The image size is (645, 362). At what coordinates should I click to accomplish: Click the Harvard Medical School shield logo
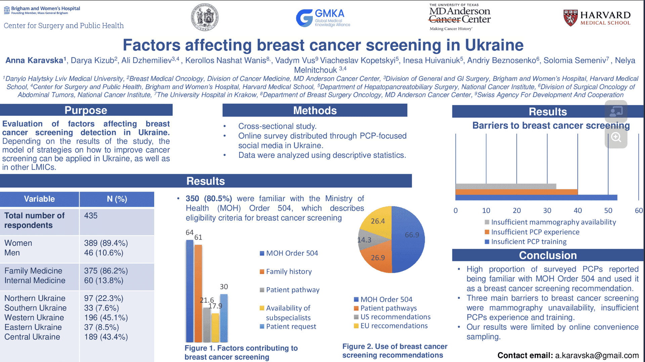570,18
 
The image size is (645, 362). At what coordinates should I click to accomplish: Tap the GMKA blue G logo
304,18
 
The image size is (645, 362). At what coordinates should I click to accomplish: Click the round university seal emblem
205,17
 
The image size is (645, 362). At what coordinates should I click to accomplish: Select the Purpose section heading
86,110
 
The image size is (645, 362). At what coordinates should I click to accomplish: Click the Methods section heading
315,110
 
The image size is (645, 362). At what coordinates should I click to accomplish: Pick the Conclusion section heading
548,255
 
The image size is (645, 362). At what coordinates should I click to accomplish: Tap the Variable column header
39,199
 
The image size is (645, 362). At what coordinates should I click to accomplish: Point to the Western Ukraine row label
34,317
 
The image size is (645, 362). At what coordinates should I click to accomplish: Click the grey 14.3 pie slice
366,240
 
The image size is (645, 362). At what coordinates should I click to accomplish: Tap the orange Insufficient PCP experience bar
516,192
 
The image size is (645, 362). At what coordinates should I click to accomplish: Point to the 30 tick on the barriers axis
547,211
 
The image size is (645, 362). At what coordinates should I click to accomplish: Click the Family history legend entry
289,271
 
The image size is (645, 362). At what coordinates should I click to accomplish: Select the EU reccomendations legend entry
394,326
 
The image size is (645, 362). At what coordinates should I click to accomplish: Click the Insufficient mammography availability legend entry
553,222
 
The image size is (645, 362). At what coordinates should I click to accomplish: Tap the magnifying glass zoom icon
616,137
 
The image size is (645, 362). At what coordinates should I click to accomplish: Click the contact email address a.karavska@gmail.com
597,355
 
